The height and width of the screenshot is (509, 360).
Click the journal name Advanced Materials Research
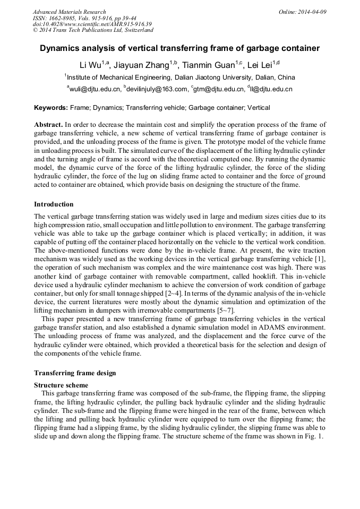click(x=69, y=12)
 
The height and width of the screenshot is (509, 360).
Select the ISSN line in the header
click(x=84, y=18)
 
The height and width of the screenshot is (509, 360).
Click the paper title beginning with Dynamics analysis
click(x=180, y=48)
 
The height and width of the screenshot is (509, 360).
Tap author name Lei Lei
click(x=260, y=65)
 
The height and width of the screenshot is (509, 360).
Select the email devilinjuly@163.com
click(x=157, y=90)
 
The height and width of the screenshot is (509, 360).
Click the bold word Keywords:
click(x=51, y=108)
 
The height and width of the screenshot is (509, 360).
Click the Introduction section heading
click(x=54, y=204)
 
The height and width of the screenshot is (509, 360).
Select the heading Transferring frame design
click(x=75, y=373)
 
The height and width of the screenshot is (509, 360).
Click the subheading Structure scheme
click(x=61, y=385)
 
